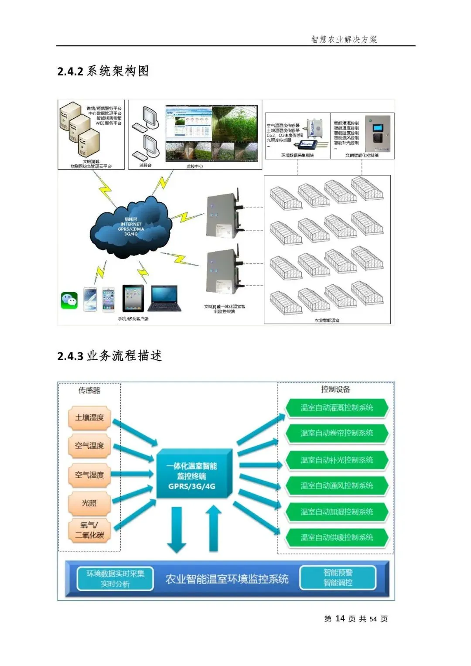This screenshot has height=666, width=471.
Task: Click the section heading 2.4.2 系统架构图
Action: (x=103, y=71)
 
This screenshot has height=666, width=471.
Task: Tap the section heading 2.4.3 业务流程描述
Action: (x=109, y=356)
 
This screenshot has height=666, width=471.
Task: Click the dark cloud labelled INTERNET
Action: (x=130, y=227)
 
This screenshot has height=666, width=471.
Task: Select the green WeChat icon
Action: (x=69, y=300)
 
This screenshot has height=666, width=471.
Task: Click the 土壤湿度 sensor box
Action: (x=89, y=418)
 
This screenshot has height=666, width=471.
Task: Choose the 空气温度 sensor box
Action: (x=89, y=446)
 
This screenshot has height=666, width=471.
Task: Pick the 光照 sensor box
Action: (x=89, y=503)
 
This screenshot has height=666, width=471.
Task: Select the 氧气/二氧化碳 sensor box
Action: (x=89, y=530)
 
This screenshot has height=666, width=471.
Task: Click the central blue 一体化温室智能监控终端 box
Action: (x=192, y=476)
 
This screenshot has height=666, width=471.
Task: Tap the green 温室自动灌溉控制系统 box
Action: (x=337, y=408)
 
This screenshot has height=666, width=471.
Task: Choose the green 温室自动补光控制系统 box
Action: (x=337, y=460)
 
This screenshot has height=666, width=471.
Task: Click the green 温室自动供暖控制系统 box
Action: (x=337, y=537)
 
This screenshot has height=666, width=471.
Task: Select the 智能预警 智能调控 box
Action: (x=338, y=578)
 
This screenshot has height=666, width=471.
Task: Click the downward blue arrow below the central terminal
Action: (x=177, y=529)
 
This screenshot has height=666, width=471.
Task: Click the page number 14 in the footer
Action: (x=340, y=618)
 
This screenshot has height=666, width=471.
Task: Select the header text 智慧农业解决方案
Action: (x=344, y=39)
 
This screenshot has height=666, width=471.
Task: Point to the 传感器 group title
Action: (x=89, y=390)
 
